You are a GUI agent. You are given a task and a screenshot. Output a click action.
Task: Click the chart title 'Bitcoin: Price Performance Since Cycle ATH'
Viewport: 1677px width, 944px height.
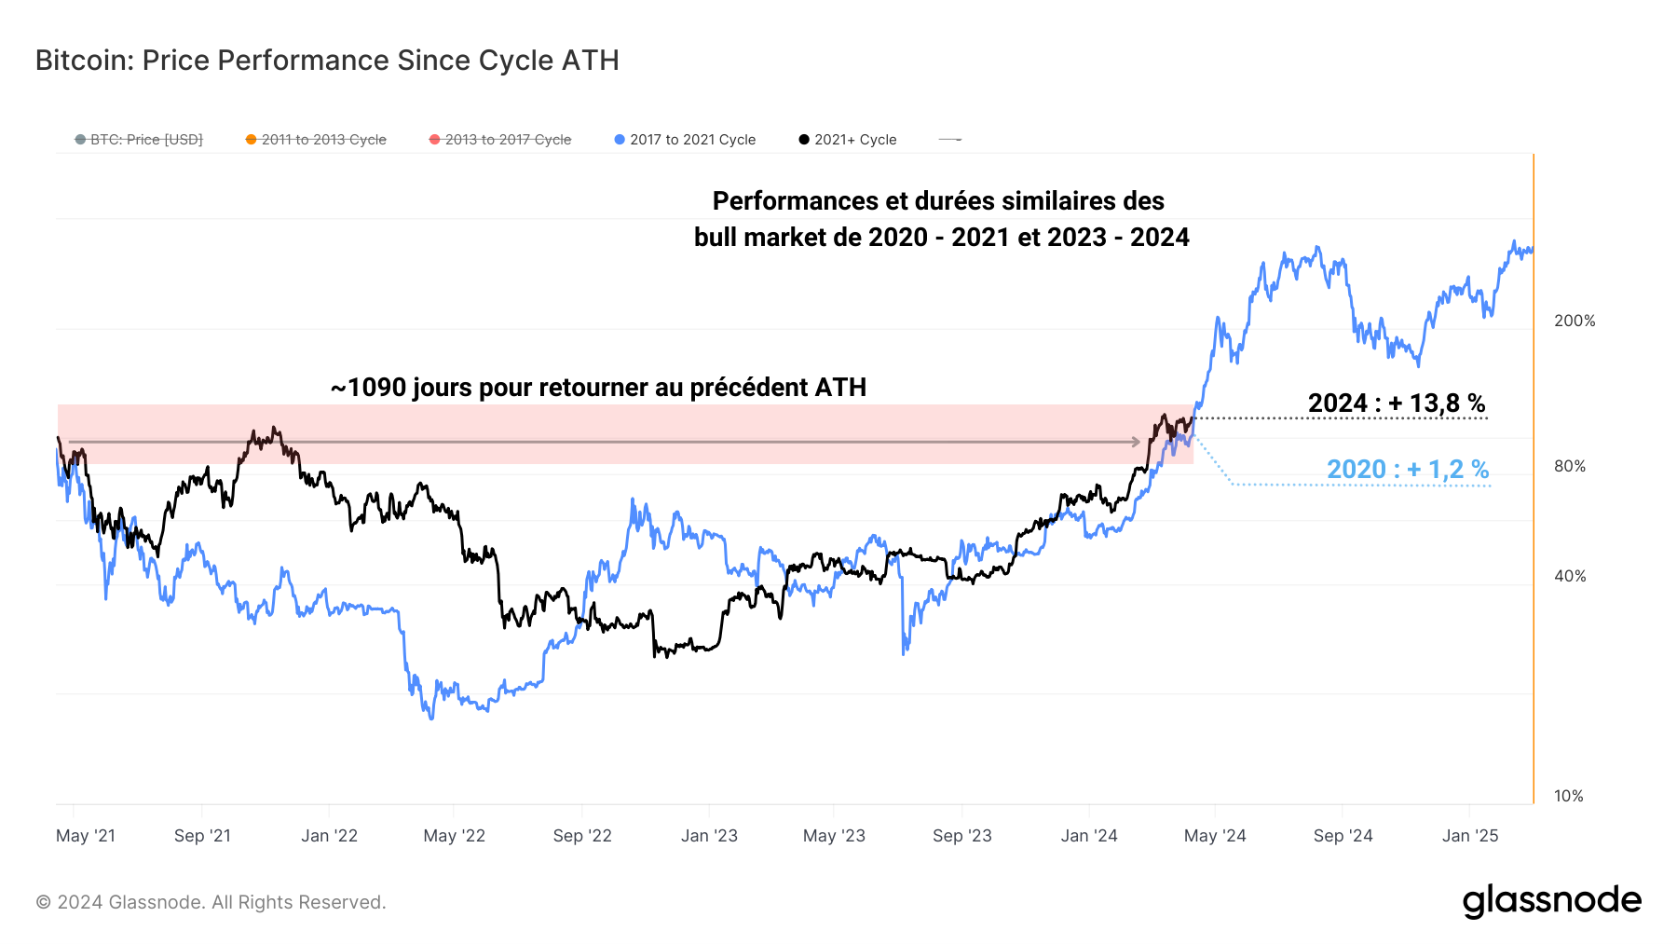point(327,61)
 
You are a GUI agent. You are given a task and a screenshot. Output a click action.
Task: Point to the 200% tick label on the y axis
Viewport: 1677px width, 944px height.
point(1575,321)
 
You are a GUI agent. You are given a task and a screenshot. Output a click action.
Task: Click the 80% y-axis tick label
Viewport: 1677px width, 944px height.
point(1570,466)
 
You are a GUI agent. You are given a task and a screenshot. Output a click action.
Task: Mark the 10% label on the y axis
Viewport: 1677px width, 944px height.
point(1569,796)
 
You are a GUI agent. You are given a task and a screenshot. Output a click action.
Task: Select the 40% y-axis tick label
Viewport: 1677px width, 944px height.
point(1570,576)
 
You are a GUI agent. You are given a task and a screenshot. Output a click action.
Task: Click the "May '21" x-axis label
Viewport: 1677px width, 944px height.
point(86,836)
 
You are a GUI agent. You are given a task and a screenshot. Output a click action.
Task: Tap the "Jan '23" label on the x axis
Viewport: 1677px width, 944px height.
point(709,836)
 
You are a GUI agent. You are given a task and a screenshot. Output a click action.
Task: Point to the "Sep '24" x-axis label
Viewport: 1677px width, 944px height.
point(1343,836)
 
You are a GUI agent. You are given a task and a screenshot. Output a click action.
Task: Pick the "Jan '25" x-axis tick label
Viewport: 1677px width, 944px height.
point(1470,836)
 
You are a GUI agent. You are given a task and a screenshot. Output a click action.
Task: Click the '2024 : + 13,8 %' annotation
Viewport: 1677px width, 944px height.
point(1396,404)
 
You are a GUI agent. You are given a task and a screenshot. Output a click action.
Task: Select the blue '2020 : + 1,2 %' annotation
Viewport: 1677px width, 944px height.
point(1407,469)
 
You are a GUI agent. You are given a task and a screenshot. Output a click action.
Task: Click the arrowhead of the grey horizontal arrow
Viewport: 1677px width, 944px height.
point(1135,442)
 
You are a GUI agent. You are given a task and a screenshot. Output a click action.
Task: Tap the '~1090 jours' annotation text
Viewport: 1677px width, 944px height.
point(598,388)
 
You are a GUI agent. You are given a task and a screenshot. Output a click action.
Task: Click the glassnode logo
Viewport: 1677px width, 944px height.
point(1551,901)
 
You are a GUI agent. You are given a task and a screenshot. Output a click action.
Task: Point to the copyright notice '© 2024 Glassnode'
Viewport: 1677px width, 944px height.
point(211,902)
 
